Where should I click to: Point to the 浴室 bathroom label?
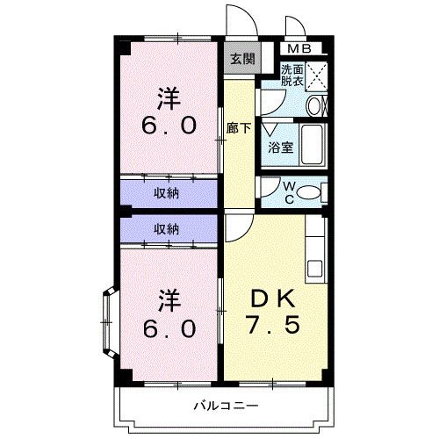pyautogui.click(x=281, y=148)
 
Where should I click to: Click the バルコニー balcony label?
pyautogui.click(x=226, y=406)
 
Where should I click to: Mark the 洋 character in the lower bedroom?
pyautogui.click(x=169, y=299)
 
